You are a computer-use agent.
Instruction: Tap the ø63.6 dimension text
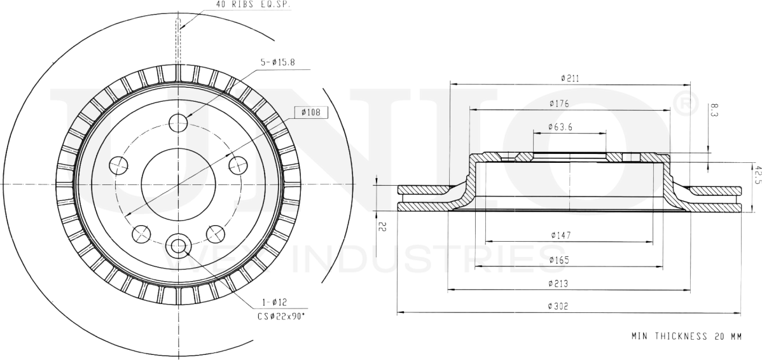tap(560, 127)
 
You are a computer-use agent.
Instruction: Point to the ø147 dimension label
tap(560, 235)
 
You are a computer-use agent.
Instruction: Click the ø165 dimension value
tap(560, 260)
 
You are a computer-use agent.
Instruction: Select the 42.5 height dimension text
tap(757, 174)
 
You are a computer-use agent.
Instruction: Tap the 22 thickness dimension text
tap(381, 226)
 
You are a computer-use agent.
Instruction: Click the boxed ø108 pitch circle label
tap(311, 113)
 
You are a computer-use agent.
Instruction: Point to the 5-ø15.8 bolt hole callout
tap(277, 62)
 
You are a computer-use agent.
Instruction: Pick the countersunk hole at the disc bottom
tap(177, 245)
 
